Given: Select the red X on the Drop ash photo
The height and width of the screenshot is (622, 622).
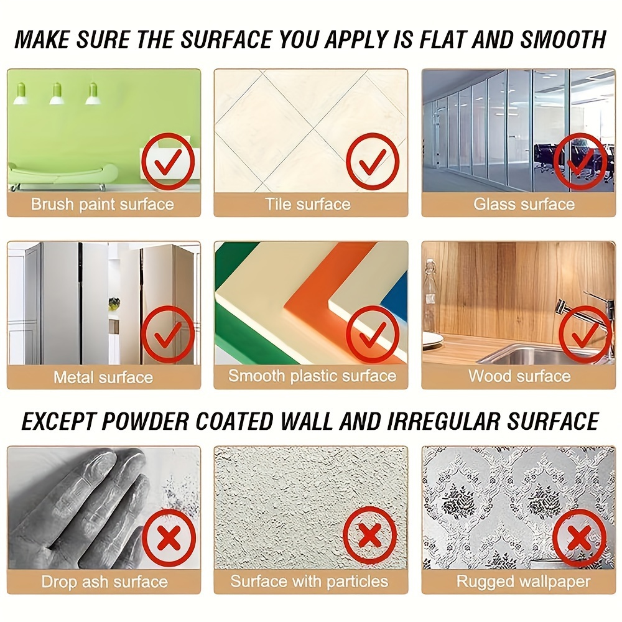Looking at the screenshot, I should click(x=168, y=538).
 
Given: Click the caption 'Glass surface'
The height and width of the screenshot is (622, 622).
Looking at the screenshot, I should click(x=524, y=204).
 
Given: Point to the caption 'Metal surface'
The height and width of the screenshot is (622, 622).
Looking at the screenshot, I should click(x=103, y=377).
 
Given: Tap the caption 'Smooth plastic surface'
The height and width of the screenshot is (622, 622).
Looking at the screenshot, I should click(x=312, y=376).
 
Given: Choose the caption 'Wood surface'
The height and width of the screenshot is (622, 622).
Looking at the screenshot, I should click(x=519, y=376).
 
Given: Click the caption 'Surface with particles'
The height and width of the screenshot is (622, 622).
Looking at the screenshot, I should click(x=309, y=582).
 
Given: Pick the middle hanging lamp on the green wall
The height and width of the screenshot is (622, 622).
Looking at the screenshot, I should click(x=57, y=94).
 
